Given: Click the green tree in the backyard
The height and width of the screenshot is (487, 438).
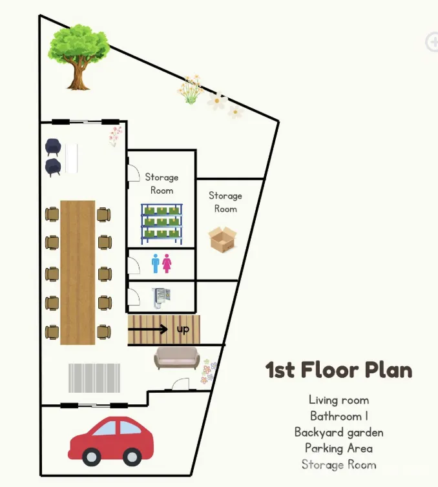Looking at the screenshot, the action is pyautogui.click(x=79, y=56).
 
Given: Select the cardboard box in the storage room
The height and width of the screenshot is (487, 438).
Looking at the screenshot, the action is pyautogui.click(x=222, y=239).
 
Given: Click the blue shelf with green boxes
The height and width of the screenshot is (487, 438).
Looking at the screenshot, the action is pyautogui.click(x=162, y=223).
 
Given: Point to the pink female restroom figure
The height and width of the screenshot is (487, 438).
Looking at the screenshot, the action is pyautogui.click(x=167, y=264).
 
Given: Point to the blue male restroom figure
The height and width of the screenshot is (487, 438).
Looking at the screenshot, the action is pyautogui.click(x=156, y=264).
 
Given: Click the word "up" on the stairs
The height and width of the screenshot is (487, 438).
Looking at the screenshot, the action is pyautogui.click(x=183, y=329).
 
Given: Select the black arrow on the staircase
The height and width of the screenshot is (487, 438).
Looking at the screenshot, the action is pyautogui.click(x=148, y=329).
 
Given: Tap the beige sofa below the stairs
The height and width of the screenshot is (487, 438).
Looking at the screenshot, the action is pyautogui.click(x=176, y=358).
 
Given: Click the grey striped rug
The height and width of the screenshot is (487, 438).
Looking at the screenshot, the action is pyautogui.click(x=94, y=378).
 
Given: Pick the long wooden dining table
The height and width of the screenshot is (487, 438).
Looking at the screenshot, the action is pyautogui.click(x=78, y=273).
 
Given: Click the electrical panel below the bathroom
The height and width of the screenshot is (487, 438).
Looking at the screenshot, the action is pyautogui.click(x=162, y=298).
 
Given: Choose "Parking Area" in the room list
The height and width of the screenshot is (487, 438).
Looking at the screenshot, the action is pyautogui.click(x=339, y=448).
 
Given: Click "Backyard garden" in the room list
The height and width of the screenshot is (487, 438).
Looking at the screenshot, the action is pyautogui.click(x=339, y=432).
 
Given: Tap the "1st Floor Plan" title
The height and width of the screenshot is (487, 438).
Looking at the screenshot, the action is pyautogui.click(x=339, y=369).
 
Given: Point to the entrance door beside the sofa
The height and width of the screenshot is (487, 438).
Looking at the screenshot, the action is pyautogui.click(x=180, y=384).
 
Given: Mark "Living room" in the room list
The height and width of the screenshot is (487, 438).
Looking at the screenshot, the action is pyautogui.click(x=339, y=400).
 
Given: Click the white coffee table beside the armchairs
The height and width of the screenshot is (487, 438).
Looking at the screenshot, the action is pyautogui.click(x=72, y=158).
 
